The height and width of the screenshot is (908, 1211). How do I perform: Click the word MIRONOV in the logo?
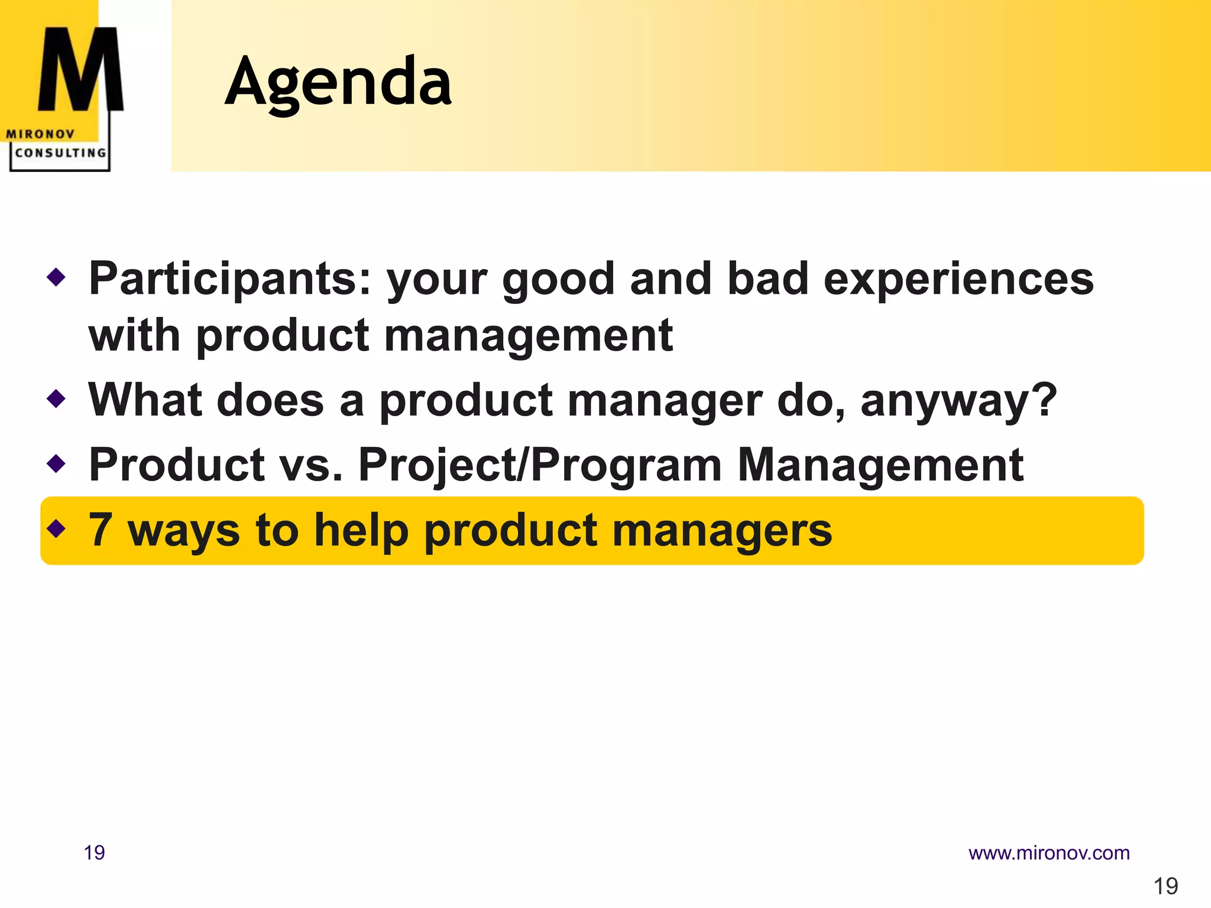tap(40, 134)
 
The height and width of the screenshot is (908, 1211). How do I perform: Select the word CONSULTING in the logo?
tap(60, 153)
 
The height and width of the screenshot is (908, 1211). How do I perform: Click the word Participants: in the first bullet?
tap(229, 279)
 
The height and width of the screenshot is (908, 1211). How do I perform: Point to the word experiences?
tap(958, 279)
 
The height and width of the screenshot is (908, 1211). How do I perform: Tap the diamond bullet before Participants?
tap(56, 277)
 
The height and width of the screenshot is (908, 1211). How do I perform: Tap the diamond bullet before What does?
tap(56, 398)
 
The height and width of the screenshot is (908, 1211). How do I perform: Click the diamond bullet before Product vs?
tap(56, 463)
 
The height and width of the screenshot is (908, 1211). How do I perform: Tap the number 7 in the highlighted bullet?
tap(101, 530)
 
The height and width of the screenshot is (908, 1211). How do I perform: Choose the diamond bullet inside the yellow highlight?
tap(56, 528)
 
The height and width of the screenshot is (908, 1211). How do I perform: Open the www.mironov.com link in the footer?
tap(1048, 853)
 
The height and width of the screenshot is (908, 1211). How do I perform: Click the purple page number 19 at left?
tap(94, 853)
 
